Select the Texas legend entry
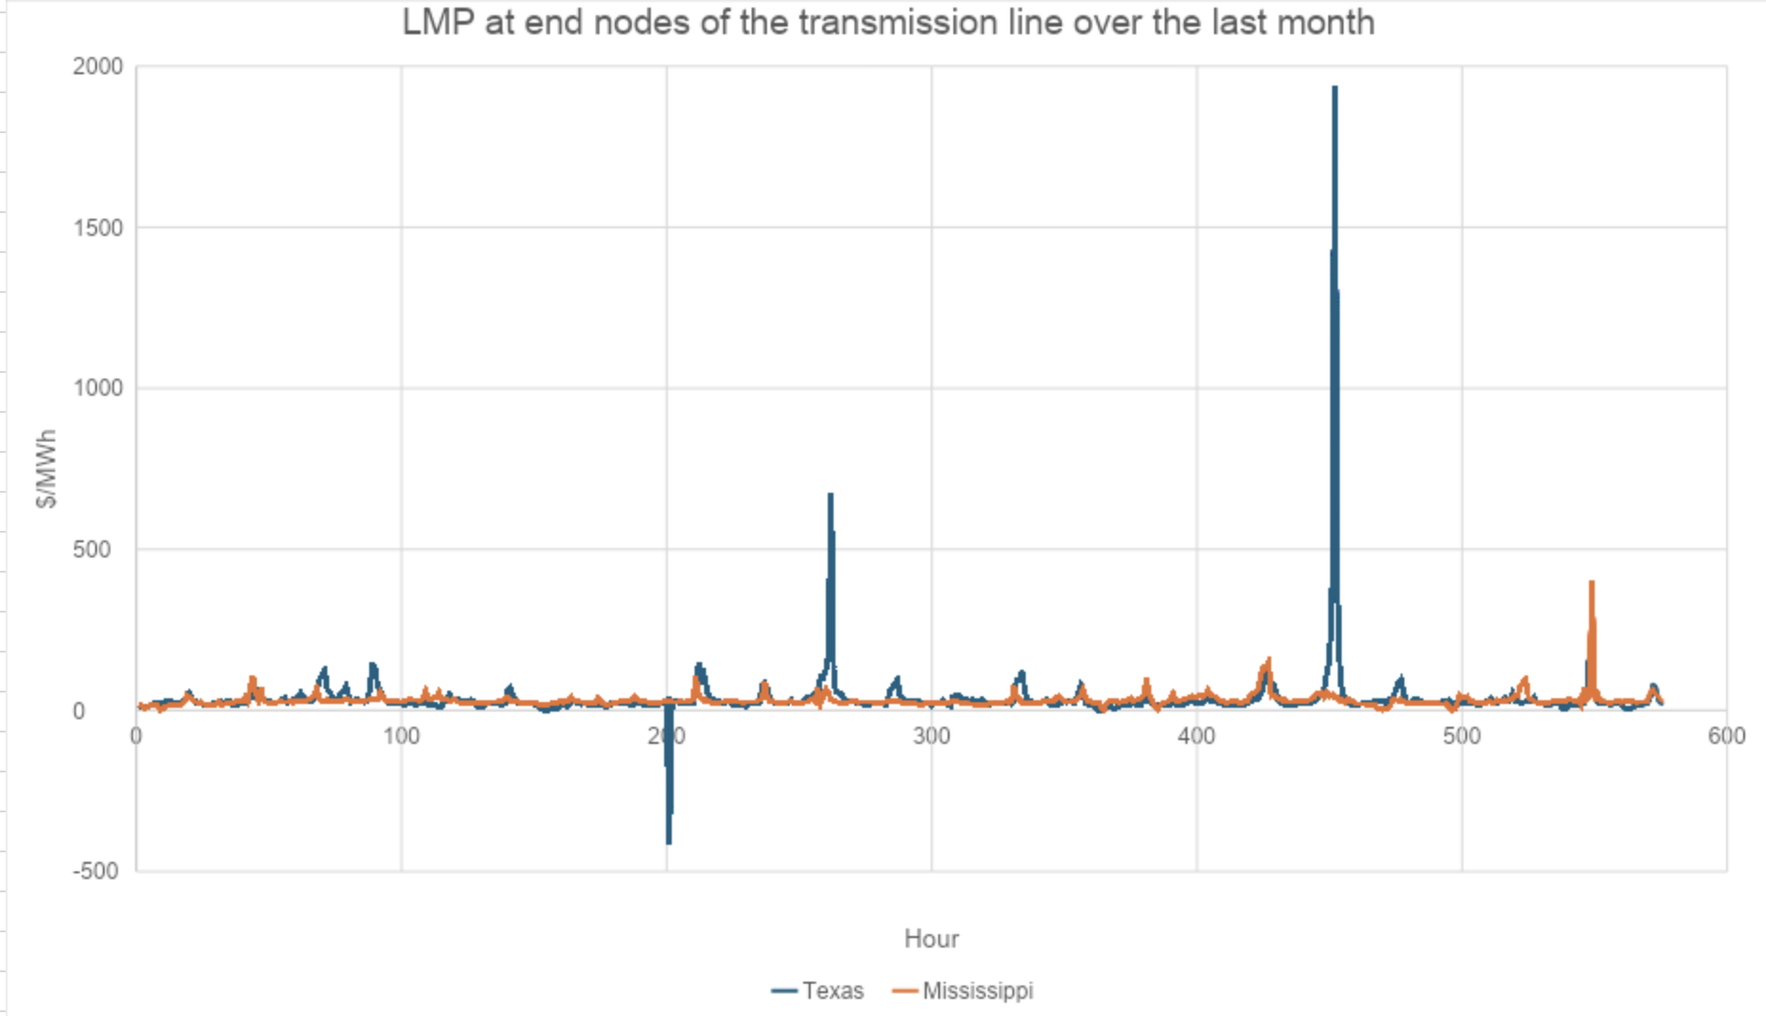tap(818, 991)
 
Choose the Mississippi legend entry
tap(963, 991)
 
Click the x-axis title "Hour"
tap(931, 939)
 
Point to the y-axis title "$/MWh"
tap(46, 468)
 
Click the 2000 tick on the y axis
tap(98, 67)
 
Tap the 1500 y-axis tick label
tap(98, 227)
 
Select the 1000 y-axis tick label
tap(98, 388)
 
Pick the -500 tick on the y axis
tap(95, 871)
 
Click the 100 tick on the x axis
tap(402, 735)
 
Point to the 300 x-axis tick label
tap(932, 735)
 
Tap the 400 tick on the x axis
tap(1196, 735)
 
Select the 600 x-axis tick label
tap(1726, 735)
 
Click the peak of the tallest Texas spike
tap(1335, 88)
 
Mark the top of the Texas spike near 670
tap(831, 495)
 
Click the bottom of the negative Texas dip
tap(669, 842)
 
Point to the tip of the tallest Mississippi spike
tap(1591, 582)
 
